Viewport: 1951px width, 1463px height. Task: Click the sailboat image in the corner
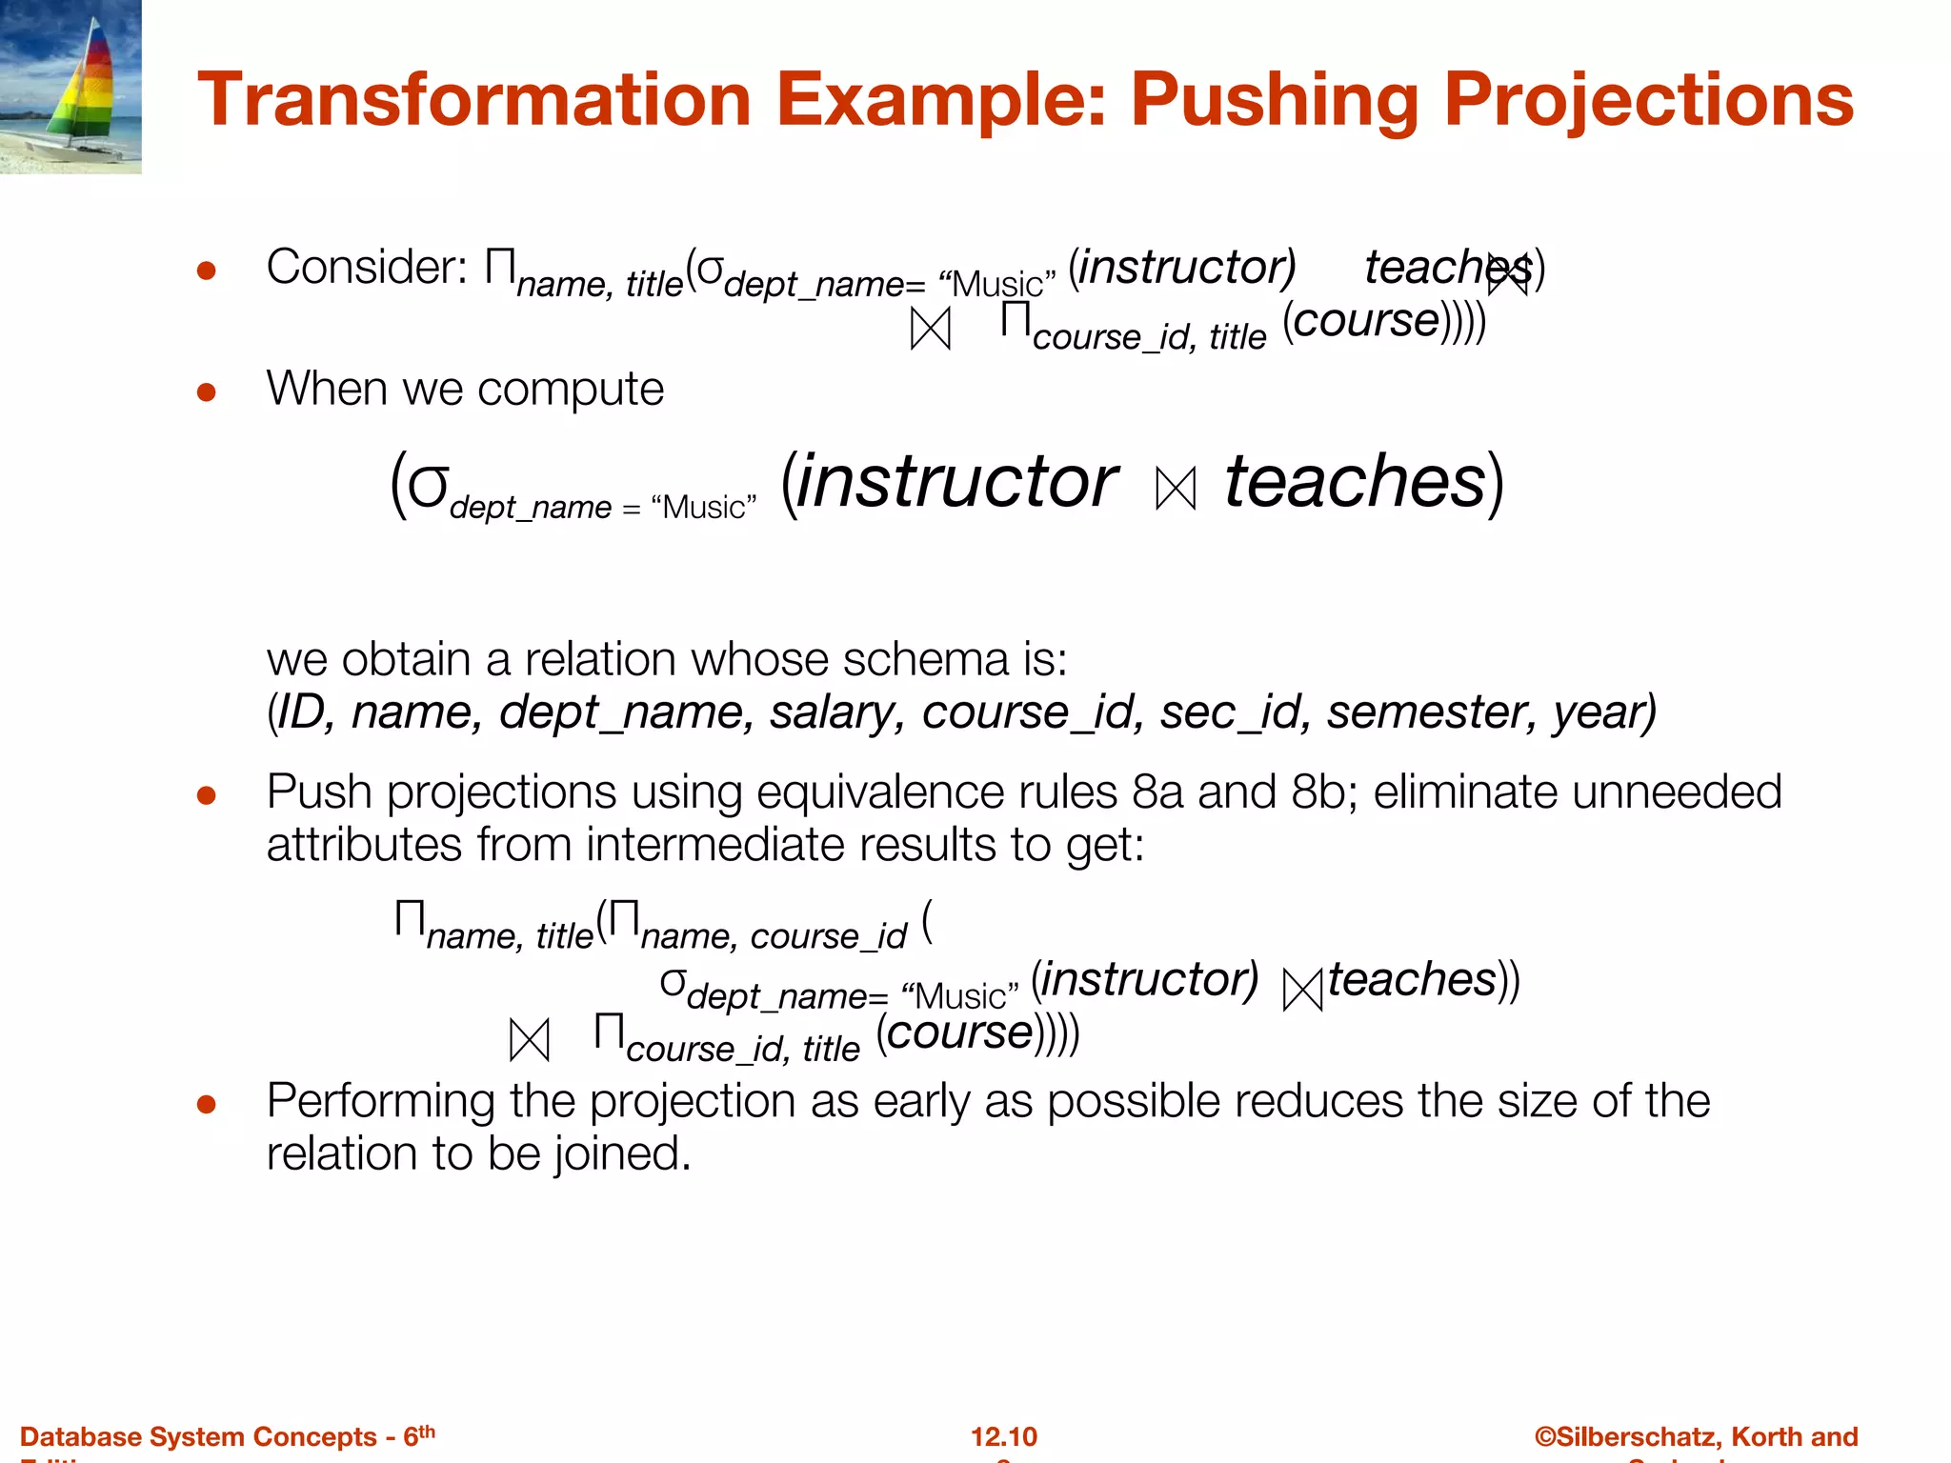click(70, 86)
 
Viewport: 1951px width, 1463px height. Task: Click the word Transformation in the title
click(474, 100)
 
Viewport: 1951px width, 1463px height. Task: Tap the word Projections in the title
click(1648, 100)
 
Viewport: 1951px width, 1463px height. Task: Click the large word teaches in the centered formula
click(1355, 482)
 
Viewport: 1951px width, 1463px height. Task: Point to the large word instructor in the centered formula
click(956, 482)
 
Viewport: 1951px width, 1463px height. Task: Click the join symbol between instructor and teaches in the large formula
click(1175, 489)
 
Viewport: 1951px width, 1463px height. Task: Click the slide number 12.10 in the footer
click(1003, 1436)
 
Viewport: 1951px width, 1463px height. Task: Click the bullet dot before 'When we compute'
click(207, 391)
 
